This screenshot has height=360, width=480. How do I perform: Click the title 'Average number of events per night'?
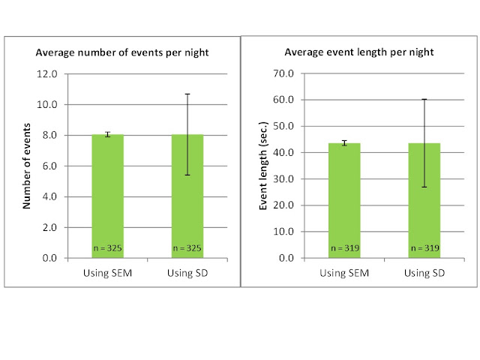[122, 52]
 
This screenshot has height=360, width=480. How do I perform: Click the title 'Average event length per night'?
[359, 52]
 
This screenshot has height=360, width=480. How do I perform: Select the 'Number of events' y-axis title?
[27, 166]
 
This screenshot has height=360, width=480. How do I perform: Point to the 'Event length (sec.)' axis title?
[263, 166]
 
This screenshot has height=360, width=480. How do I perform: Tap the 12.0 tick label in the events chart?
[46, 73]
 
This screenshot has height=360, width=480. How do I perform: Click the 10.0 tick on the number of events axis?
[46, 105]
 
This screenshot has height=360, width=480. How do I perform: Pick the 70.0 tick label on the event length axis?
[283, 73]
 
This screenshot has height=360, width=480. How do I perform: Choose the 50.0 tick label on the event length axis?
[283, 126]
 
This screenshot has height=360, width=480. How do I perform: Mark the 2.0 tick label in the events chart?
[49, 227]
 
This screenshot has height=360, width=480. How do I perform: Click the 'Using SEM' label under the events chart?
[107, 273]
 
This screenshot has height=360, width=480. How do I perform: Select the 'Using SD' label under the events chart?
[187, 273]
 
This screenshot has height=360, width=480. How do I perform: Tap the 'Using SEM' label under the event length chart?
[344, 273]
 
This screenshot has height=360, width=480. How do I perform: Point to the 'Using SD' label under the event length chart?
[424, 273]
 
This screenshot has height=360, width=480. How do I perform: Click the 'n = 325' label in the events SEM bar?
[107, 248]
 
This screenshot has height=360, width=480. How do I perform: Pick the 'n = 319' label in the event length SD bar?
[424, 248]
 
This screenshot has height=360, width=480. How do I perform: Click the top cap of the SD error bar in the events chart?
[187, 94]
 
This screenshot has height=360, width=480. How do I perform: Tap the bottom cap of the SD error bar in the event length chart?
[424, 187]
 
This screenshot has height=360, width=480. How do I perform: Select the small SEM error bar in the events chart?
[107, 134]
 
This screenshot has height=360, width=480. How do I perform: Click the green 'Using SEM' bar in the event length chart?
[344, 200]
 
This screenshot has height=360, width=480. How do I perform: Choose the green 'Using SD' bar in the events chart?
[187, 196]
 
